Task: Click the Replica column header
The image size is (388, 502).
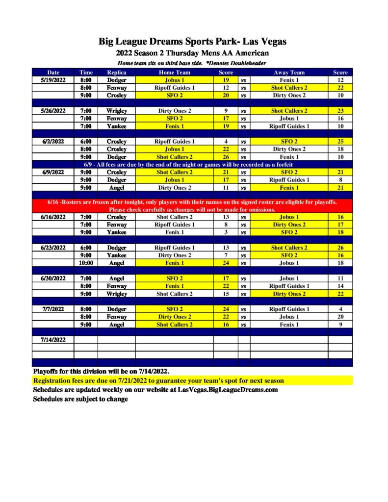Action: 117,73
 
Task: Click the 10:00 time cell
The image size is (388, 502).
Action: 86,263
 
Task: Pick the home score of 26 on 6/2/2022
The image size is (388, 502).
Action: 226,157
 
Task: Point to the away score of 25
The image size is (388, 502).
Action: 340,142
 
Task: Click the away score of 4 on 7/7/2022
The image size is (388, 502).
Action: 340,309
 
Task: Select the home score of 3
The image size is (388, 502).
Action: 226,232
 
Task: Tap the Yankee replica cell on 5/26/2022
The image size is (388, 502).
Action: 117,126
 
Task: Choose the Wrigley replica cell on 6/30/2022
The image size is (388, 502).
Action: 117,294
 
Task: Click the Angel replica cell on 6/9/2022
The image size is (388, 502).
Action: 117,188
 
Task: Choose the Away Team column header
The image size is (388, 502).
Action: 289,73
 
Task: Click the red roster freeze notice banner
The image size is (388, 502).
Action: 192,205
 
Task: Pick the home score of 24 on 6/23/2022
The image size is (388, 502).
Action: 226,263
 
